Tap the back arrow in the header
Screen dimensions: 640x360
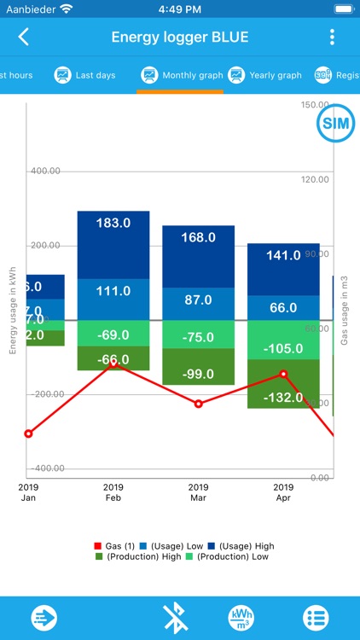tap(24, 37)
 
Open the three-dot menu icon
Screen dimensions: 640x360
tap(332, 37)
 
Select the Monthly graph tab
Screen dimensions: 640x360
tap(182, 75)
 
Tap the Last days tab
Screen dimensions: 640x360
tap(84, 75)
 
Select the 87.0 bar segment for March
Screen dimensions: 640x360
tap(198, 300)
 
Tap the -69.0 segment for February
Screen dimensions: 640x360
tap(113, 334)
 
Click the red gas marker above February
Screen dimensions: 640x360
tap(113, 363)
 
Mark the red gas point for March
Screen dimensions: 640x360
tap(198, 404)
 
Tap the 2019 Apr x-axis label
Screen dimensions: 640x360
tap(283, 492)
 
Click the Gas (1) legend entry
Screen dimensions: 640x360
tap(113, 546)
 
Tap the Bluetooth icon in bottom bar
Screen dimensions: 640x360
tap(175, 617)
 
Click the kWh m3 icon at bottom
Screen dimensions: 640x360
tap(241, 617)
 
